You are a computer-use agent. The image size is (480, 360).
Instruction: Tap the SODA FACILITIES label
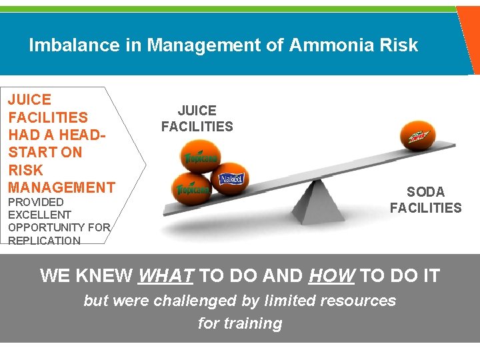tap(425, 200)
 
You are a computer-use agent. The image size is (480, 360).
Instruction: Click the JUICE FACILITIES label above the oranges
tap(197, 119)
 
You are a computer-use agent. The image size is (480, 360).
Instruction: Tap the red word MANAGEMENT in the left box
tap(61, 187)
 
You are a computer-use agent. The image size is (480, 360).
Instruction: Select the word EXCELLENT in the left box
tap(39, 215)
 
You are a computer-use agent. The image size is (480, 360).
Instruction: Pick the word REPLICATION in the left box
tap(44, 240)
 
